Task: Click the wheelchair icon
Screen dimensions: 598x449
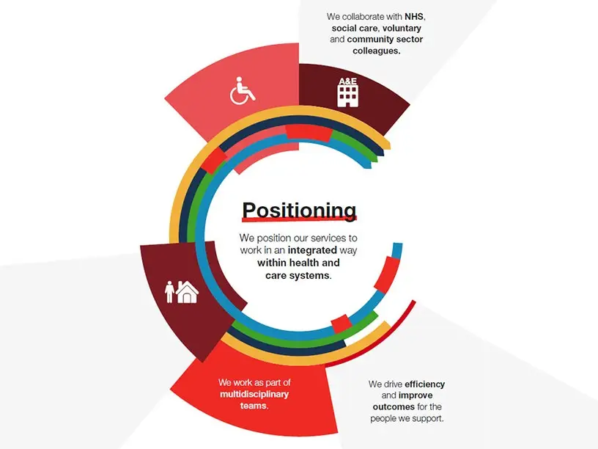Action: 242,91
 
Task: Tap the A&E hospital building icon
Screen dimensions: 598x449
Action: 348,92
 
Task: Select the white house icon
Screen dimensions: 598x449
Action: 188,293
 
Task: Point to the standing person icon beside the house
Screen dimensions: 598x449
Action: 170,292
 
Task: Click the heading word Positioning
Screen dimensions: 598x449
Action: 300,210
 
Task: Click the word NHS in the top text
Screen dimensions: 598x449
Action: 414,17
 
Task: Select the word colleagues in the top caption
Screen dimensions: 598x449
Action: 376,51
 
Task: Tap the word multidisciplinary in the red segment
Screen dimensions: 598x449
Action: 254,395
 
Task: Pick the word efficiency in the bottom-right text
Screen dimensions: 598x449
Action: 425,384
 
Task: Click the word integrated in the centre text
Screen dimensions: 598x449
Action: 312,250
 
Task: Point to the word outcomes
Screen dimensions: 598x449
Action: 394,406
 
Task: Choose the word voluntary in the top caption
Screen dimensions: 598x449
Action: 402,29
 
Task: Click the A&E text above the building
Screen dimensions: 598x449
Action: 348,81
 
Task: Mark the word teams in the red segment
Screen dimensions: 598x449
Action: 254,406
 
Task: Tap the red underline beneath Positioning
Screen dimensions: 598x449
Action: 300,219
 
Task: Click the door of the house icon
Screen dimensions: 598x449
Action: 188,298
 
